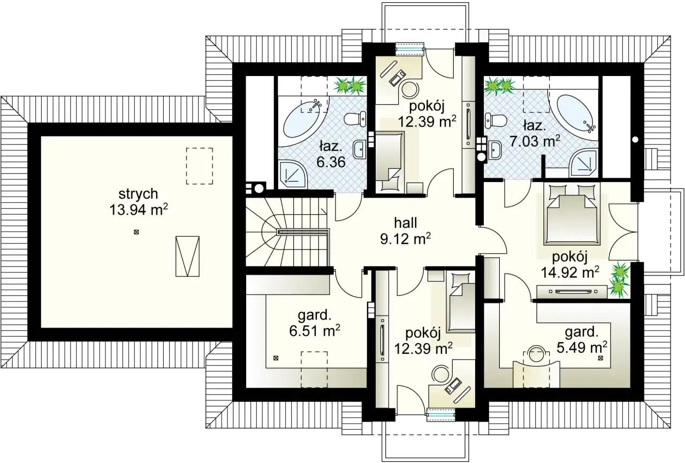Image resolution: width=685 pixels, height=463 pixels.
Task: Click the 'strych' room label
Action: (138, 194)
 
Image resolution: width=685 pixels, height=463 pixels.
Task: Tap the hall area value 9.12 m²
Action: (406, 239)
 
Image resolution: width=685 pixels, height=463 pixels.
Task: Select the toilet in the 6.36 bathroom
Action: (355, 119)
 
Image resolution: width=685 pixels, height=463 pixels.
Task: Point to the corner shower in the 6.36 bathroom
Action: (292, 174)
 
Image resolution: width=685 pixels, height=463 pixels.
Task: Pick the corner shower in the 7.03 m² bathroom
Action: (584, 164)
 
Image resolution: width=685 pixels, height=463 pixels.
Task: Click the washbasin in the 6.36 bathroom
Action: (359, 149)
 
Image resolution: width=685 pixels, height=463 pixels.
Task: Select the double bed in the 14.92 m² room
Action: (570, 214)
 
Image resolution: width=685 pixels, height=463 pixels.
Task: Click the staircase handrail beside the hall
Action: (303, 232)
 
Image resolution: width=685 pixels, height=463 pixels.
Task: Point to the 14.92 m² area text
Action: (570, 272)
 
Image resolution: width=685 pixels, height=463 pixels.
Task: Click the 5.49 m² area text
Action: (582, 347)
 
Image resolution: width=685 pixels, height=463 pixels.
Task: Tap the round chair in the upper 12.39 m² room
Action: (410, 89)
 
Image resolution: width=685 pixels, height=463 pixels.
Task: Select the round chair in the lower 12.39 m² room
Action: (440, 375)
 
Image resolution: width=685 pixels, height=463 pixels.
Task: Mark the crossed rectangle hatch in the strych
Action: (187, 256)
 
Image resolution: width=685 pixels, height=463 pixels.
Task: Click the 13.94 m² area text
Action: (139, 210)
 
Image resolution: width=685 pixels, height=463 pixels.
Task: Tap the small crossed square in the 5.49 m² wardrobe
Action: (600, 358)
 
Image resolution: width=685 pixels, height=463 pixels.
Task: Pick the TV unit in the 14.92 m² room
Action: (572, 292)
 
